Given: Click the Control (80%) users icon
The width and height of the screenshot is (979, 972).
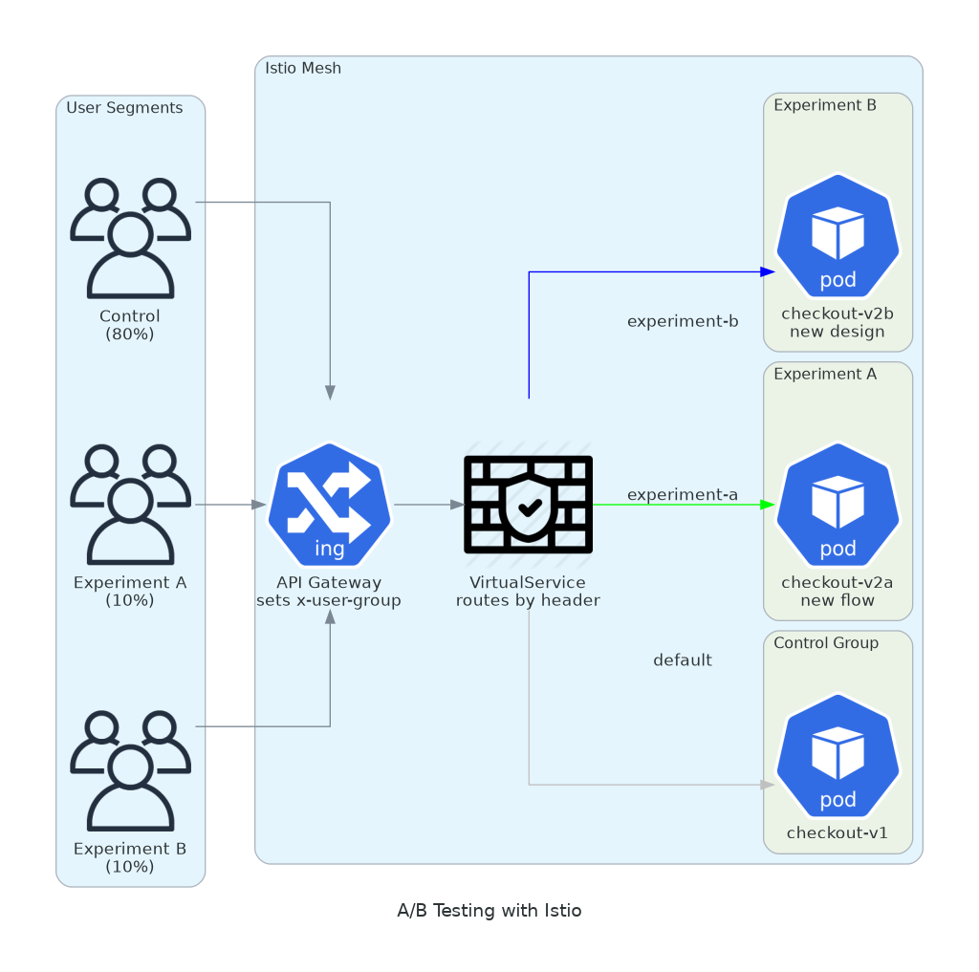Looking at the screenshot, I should [x=130, y=239].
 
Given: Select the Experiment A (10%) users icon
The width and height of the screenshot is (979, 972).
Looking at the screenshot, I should [x=130, y=505].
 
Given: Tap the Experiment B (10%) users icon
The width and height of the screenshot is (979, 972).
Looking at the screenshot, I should [x=130, y=771].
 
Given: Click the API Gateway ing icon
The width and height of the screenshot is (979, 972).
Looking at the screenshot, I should [x=330, y=505].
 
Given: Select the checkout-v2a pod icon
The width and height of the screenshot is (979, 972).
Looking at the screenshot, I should [x=838, y=505].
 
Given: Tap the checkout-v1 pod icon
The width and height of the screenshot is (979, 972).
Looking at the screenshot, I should [x=838, y=756].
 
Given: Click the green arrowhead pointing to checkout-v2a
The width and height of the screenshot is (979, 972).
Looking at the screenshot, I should [x=767, y=505].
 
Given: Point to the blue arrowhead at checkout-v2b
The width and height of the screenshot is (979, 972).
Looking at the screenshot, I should [x=767, y=271].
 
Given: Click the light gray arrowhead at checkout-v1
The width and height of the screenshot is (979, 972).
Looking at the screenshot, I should [x=767, y=785].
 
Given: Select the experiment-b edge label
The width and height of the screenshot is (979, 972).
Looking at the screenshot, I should [x=683, y=321].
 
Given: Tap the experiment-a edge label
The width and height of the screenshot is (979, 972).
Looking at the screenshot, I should [x=683, y=494].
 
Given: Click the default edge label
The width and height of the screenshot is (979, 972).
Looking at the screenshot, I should [x=683, y=660].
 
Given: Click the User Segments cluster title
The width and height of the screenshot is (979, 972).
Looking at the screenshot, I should [x=124, y=108].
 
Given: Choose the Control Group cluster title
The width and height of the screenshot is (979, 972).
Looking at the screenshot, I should [x=826, y=642].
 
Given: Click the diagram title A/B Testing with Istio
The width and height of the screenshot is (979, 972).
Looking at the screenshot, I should [x=489, y=910].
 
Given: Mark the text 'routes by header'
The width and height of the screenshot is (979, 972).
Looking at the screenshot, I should [x=528, y=600].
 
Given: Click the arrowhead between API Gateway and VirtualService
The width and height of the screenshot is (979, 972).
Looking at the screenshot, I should [x=457, y=505].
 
